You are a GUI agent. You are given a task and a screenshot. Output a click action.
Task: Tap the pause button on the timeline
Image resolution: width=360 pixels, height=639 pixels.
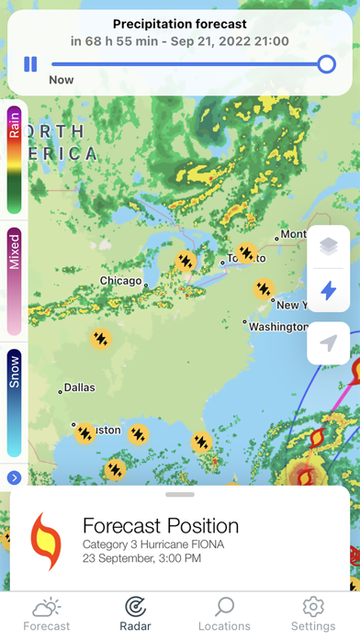coord(30,64)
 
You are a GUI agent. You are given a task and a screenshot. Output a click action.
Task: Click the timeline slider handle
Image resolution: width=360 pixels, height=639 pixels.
coord(326,64)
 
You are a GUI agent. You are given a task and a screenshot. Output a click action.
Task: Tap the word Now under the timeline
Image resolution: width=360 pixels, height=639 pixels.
coord(62,81)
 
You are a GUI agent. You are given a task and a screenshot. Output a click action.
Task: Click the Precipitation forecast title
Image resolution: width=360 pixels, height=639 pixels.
coord(179,24)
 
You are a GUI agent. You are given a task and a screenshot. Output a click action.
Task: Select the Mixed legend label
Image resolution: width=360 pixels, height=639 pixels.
coord(15,249)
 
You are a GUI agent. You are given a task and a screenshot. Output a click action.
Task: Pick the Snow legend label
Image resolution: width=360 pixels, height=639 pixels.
coord(15,370)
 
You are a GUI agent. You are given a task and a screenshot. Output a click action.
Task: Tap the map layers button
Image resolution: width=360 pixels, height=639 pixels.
coord(329,246)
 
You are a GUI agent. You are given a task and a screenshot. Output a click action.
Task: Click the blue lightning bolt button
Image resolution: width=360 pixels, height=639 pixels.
coord(329,291)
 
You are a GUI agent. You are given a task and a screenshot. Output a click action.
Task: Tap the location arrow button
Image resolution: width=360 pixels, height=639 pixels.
coord(329,342)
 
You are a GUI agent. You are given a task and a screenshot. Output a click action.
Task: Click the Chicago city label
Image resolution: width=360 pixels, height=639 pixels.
coord(120,281)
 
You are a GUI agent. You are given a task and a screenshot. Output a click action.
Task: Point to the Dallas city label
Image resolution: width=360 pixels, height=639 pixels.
coord(79,387)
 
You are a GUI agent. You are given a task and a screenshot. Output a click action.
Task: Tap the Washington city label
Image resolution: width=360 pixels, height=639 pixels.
coord(278,326)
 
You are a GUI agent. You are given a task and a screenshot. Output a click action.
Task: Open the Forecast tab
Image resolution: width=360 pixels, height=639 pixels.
coord(46,613)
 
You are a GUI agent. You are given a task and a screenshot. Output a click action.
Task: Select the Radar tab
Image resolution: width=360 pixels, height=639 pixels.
coord(135,613)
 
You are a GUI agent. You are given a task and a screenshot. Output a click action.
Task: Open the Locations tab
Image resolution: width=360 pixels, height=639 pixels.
coord(224,613)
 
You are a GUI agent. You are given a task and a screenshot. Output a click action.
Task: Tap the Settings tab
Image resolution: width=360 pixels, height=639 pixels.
coord(313,613)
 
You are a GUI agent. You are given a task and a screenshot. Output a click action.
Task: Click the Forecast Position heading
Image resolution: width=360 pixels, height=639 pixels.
coord(161,526)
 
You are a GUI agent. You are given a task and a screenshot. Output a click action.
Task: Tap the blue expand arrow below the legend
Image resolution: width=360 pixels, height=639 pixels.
coord(14,477)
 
